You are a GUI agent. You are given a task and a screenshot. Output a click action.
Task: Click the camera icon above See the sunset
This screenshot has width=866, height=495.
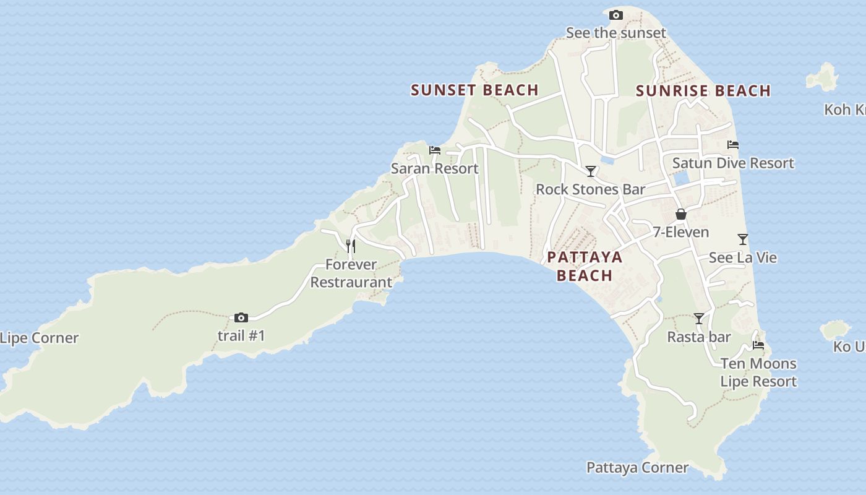pyautogui.click(x=615, y=15)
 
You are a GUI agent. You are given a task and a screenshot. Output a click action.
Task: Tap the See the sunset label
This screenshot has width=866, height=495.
pyautogui.click(x=615, y=33)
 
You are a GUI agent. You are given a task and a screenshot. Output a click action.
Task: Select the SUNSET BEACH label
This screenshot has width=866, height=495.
pyautogui.click(x=474, y=90)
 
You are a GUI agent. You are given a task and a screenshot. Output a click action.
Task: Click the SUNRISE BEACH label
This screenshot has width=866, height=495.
pyautogui.click(x=703, y=91)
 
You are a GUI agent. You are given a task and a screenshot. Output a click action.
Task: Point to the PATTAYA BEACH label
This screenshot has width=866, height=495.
pyautogui.click(x=585, y=266)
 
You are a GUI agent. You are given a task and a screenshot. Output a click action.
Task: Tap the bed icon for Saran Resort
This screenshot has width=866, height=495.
pyautogui.click(x=435, y=150)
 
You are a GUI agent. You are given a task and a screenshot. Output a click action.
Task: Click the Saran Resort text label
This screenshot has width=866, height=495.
pyautogui.click(x=434, y=168)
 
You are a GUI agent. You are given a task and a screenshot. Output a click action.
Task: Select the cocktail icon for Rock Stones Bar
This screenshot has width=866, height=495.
pyautogui.click(x=591, y=171)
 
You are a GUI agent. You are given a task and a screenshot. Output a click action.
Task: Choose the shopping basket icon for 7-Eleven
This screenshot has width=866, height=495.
pyautogui.click(x=681, y=214)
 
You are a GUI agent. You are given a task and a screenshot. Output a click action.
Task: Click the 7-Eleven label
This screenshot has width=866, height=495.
pyautogui.click(x=681, y=232)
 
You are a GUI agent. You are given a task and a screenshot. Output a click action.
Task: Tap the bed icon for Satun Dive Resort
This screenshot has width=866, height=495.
pyautogui.click(x=733, y=145)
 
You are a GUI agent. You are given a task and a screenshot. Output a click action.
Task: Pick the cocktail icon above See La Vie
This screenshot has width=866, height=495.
pyautogui.click(x=743, y=239)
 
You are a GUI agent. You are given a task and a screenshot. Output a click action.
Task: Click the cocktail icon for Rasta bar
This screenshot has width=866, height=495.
pyautogui.click(x=699, y=319)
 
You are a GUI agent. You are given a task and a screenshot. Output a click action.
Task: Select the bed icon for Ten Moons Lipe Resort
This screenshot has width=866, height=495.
pyautogui.click(x=758, y=345)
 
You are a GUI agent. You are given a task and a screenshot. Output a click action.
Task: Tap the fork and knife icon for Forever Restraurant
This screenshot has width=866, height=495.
pyautogui.click(x=351, y=246)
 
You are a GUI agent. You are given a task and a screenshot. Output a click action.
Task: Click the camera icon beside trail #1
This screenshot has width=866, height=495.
pyautogui.click(x=241, y=317)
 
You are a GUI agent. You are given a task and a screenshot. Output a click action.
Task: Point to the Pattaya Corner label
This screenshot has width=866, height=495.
pyautogui.click(x=637, y=468)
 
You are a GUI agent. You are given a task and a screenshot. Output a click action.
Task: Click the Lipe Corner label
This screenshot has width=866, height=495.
pyautogui.click(x=40, y=338)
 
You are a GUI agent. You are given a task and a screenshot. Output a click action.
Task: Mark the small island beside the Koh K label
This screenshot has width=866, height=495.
pyautogui.click(x=823, y=77)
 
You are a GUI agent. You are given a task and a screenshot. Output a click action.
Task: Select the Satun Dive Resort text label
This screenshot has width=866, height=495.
pyautogui.click(x=733, y=163)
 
